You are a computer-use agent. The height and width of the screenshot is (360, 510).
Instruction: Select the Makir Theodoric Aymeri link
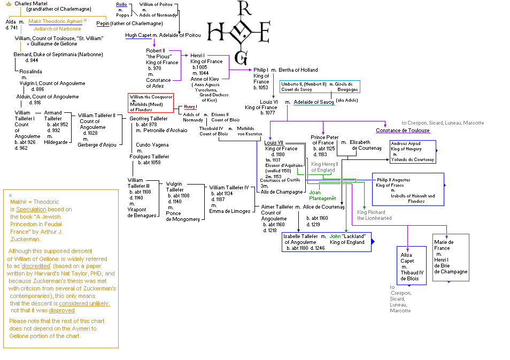55,21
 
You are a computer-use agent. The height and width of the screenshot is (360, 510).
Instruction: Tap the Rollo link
121,4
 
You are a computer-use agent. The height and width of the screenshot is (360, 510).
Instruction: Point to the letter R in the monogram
243,8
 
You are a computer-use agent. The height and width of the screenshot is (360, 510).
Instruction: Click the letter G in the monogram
243,58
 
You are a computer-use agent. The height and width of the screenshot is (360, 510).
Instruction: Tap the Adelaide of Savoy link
315,102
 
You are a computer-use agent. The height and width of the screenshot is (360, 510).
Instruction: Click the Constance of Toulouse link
403,131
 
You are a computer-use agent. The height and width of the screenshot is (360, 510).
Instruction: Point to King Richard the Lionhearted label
374,215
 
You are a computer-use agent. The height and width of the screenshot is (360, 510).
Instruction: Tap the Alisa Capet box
411,265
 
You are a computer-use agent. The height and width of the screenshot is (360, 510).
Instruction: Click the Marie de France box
450,257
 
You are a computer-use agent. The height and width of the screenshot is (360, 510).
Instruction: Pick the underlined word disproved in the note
61,310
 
